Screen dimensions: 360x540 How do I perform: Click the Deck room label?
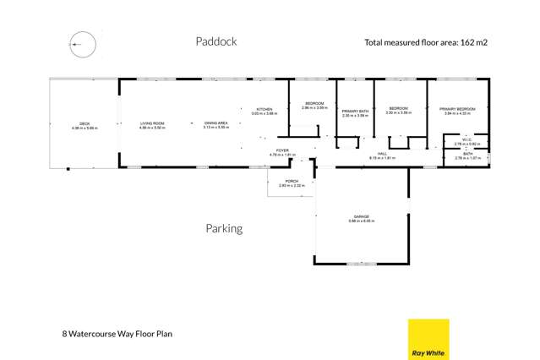tap(85, 126)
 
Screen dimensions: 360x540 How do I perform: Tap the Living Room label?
tap(153, 125)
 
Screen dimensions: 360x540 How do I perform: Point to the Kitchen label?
tap(265, 110)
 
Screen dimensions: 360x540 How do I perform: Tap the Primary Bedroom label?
tap(457, 110)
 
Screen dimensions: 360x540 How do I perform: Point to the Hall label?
tap(383, 155)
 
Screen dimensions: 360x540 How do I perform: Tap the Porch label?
tap(292, 182)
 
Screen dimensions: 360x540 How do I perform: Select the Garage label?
tap(362, 218)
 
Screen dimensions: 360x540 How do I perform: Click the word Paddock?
tap(216, 41)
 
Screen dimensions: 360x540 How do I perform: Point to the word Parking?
tap(224, 228)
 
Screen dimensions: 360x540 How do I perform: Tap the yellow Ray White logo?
tap(428, 339)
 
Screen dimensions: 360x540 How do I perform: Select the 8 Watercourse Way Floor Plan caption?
tap(123, 334)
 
